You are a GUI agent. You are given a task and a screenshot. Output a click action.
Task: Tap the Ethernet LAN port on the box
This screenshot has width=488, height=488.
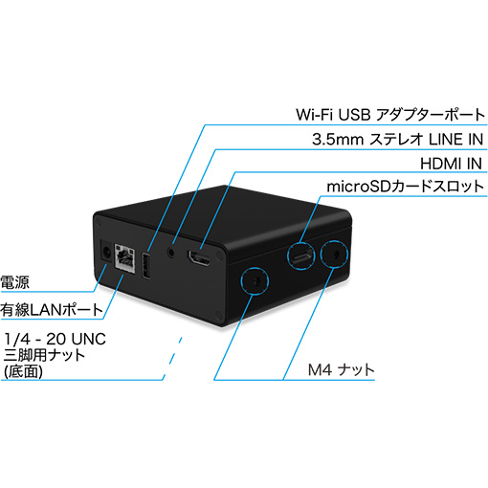(x=124, y=257)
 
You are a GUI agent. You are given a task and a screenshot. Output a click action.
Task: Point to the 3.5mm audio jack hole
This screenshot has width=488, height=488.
(x=172, y=253)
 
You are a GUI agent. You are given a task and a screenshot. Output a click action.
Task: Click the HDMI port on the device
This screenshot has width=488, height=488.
(x=199, y=258)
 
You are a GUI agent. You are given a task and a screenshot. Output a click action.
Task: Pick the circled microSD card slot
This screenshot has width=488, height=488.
(x=301, y=255)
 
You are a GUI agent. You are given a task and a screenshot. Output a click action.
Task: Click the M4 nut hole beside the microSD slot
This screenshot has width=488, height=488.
(x=334, y=255)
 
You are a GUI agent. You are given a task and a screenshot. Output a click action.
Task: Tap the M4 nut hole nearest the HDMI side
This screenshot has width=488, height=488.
(x=255, y=281)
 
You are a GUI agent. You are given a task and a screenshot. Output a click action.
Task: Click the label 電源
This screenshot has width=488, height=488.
(x=14, y=282)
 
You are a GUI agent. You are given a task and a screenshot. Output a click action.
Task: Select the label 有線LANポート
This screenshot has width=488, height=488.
(x=51, y=310)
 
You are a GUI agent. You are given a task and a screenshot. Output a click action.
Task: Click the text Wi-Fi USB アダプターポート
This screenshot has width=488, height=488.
(x=390, y=115)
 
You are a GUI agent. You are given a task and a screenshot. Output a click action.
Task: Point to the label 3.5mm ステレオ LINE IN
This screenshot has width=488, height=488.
(x=397, y=140)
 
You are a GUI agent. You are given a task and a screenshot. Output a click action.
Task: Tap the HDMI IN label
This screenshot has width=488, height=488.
(x=451, y=164)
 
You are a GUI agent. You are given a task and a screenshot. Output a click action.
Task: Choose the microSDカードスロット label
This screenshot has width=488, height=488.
(x=406, y=187)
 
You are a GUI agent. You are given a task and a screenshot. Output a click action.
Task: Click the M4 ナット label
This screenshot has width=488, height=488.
(x=341, y=370)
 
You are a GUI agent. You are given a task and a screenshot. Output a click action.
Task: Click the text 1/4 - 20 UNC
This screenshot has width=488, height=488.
(x=55, y=339)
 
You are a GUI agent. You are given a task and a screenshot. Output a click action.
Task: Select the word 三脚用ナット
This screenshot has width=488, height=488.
(x=44, y=355)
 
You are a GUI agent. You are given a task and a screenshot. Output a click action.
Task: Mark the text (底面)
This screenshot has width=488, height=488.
(x=23, y=371)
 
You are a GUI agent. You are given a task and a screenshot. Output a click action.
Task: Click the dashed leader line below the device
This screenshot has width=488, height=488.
(x=172, y=358)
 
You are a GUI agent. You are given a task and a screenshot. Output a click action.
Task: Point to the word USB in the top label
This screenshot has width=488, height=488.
(x=354, y=115)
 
